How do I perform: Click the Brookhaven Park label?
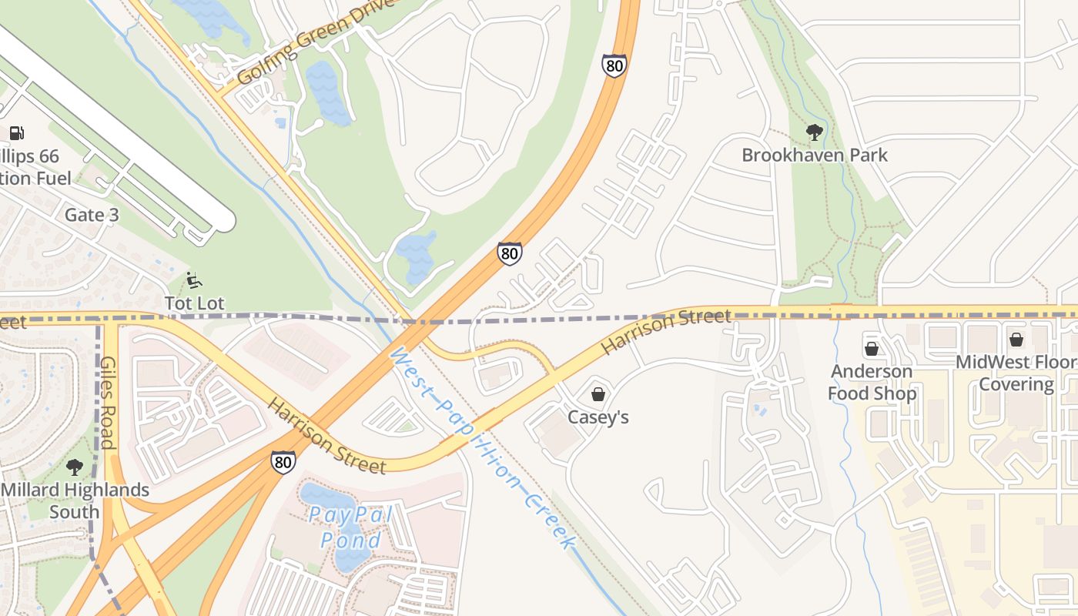(814, 155)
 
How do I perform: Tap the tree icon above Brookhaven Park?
(814, 132)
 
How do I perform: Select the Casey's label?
(598, 417)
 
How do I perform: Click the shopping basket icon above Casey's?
(598, 394)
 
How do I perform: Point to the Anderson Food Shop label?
(872, 383)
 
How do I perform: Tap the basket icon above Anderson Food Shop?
(872, 349)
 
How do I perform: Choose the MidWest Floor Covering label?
(1016, 373)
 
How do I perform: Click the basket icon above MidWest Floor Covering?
(1016, 339)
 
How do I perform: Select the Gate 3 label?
(92, 215)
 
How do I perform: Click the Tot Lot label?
(194, 303)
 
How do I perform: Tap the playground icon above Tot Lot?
(194, 280)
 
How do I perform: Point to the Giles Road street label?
(107, 402)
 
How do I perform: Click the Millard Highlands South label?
(75, 500)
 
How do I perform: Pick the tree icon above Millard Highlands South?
(75, 467)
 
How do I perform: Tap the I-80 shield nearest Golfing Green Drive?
(614, 66)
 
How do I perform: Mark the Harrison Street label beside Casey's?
(665, 331)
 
